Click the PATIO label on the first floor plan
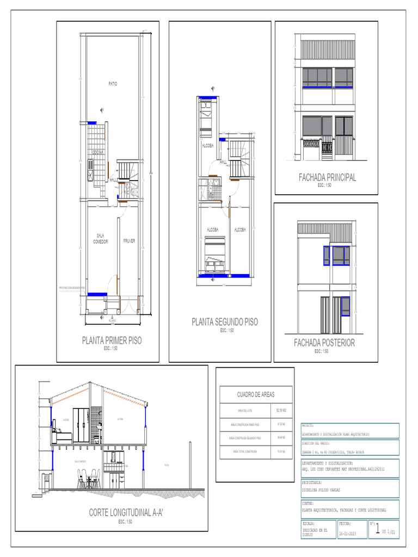[113, 84]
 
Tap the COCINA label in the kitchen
[97, 152]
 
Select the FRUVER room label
[129, 241]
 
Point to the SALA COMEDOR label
[101, 239]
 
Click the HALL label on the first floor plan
[113, 180]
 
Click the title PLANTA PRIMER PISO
[112, 341]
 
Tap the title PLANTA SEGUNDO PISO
[224, 322]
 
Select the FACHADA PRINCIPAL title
[327, 177]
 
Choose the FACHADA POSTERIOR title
[324, 343]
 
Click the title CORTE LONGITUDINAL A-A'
[126, 513]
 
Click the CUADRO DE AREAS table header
[256, 394]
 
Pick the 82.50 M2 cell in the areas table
[281, 410]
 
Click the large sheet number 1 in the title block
[378, 530]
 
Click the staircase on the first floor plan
[130, 171]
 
